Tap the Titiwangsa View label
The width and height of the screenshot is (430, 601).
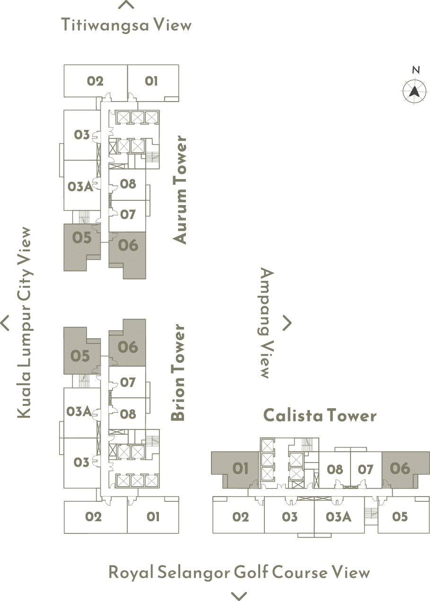coord(126,25)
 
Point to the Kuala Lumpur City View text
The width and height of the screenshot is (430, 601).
coord(24,323)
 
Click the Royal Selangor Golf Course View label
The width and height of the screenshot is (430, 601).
coord(239,573)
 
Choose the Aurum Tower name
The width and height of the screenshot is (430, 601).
coord(180,190)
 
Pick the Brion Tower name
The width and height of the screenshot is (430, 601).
coord(177,373)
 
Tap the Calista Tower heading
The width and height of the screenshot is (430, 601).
coord(320,416)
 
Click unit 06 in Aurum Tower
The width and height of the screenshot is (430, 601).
coord(128,246)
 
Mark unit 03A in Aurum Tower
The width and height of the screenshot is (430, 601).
coord(80,186)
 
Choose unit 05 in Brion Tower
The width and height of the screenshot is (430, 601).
coord(80,356)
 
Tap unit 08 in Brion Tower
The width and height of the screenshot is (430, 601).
coord(128,414)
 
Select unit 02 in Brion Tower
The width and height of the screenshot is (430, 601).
coord(94,517)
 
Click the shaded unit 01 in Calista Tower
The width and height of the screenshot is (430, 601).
coord(240,469)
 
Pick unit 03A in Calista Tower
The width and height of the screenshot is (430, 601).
coord(339,517)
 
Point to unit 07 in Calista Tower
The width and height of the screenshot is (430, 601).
coord(366,470)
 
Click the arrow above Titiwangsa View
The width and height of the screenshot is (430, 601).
coord(126,6)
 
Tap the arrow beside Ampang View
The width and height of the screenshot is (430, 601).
coord(287,323)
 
